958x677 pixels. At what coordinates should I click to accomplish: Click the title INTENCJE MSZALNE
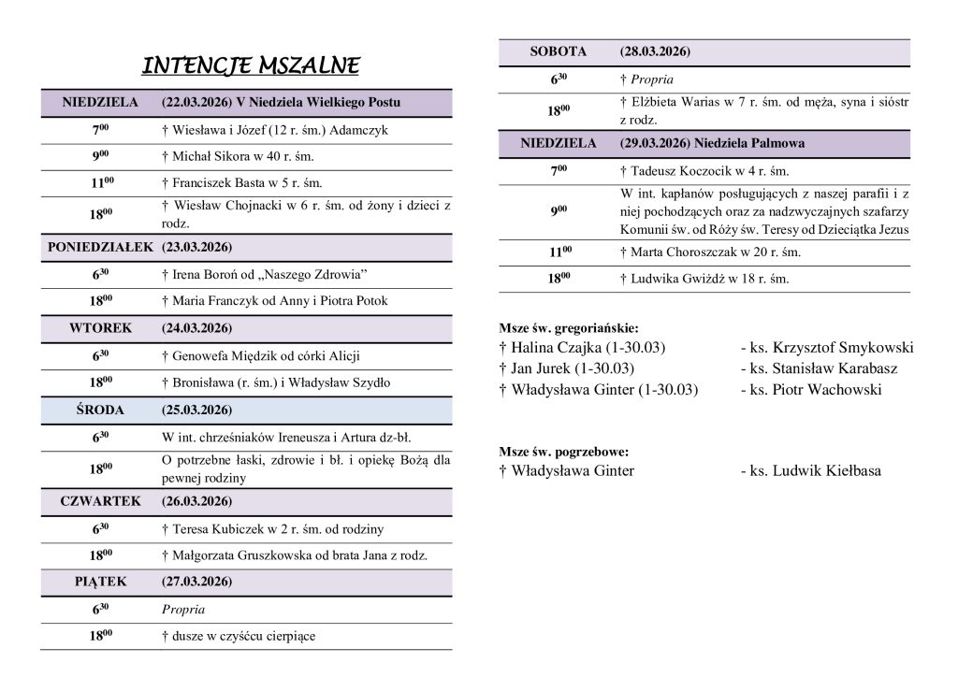(x=251, y=66)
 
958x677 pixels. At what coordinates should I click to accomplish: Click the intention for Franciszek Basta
(x=241, y=184)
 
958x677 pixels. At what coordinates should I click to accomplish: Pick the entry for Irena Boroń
(x=263, y=275)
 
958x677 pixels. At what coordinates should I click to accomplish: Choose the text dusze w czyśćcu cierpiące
(x=239, y=637)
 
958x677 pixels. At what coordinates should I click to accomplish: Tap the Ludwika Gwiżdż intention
(x=704, y=279)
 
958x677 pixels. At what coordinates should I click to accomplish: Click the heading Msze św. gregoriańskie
(x=569, y=329)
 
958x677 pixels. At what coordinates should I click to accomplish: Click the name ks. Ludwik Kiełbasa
(x=810, y=471)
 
